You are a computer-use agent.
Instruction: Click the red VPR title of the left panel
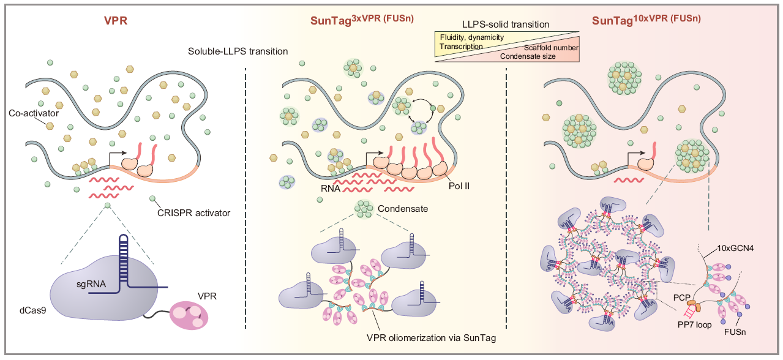(116, 20)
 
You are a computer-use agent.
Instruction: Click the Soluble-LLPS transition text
(238, 51)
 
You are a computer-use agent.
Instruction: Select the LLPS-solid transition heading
(506, 24)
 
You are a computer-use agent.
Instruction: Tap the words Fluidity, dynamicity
(471, 37)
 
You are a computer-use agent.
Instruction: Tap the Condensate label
(402, 209)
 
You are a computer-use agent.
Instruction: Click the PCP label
(680, 297)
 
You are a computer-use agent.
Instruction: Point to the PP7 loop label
(695, 324)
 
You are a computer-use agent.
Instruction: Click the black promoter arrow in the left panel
(117, 157)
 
